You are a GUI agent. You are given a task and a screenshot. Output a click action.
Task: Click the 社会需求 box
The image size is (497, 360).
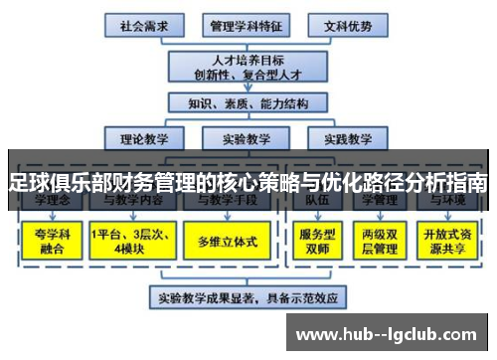tap(144, 23)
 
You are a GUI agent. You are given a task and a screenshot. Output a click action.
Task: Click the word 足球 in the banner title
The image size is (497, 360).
tap(27, 183)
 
